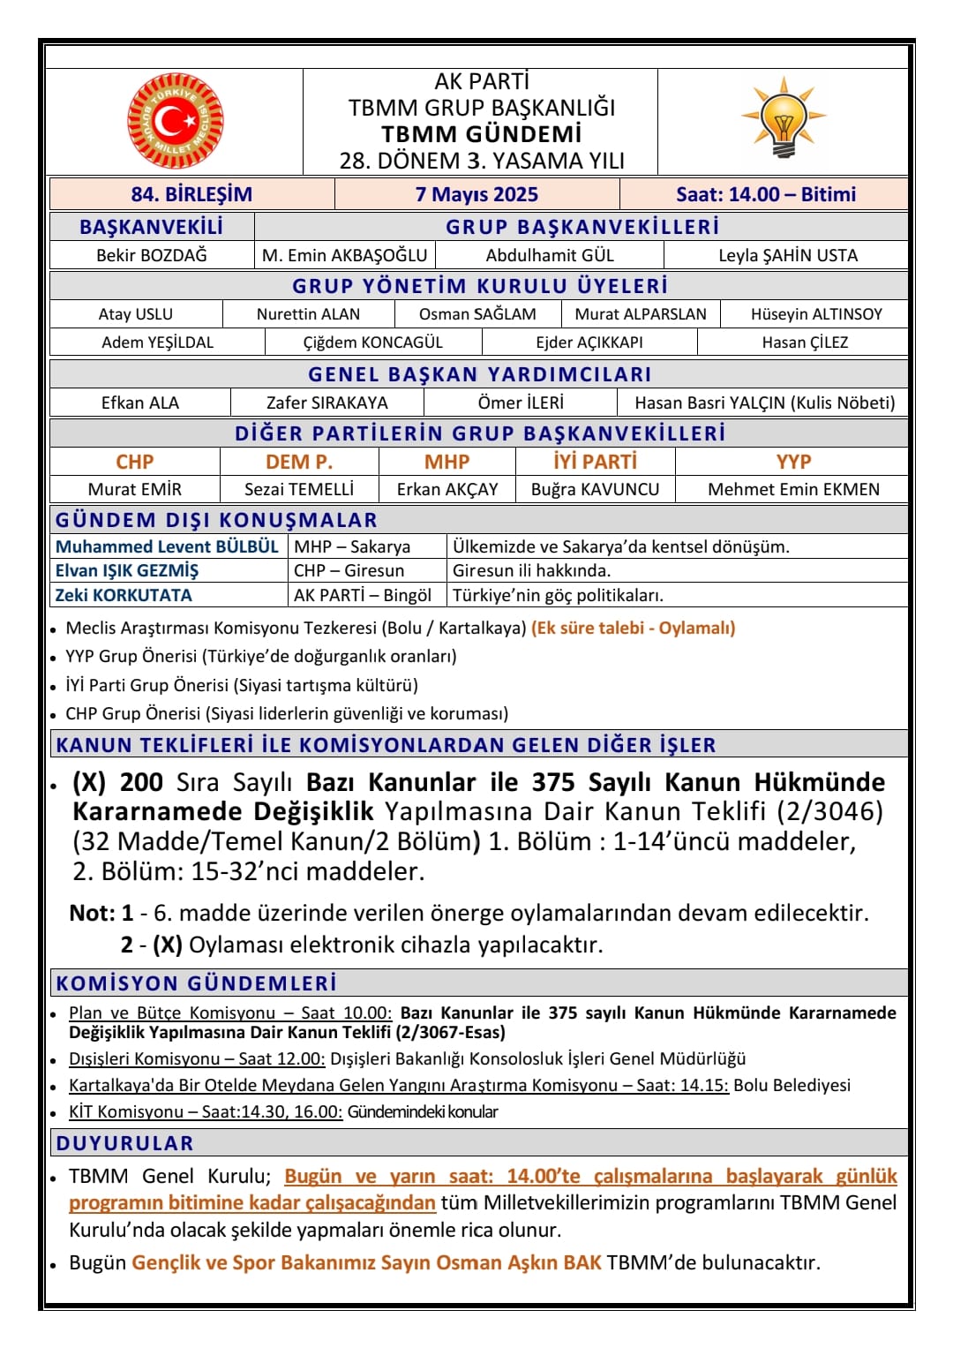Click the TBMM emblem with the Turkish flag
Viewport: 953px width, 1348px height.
pos(176,121)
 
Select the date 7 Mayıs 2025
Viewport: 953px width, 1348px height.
pos(476,194)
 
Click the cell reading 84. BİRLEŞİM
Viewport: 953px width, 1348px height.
pos(191,194)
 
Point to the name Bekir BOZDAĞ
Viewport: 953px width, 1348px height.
pos(152,255)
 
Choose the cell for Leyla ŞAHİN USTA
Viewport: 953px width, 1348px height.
pos(787,255)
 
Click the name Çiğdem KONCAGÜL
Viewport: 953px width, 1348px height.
pos(372,343)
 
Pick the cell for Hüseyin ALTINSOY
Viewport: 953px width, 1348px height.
pos(816,314)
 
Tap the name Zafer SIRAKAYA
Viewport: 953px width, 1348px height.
pos(326,403)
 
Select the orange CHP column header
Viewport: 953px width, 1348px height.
pos(134,462)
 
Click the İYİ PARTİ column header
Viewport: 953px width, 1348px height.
pos(595,462)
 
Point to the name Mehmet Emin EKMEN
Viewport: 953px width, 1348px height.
pos(793,489)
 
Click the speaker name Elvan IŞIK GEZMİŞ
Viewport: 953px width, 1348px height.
pos(127,570)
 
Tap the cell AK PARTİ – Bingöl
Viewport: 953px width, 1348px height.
pos(363,595)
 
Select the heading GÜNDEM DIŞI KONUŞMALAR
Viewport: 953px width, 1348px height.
pos(216,520)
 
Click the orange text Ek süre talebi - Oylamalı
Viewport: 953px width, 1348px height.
pos(633,628)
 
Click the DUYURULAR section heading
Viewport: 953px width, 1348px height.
pos(124,1143)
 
